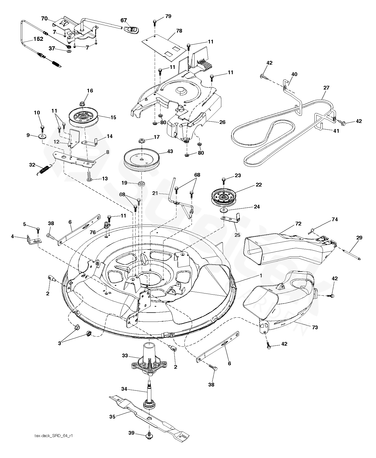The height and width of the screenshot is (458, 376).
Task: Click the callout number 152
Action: [38, 39]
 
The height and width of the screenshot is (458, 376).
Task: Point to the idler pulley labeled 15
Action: [84, 117]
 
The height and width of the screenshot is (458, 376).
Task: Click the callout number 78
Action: [179, 31]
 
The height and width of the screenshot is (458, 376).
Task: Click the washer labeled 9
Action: [42, 136]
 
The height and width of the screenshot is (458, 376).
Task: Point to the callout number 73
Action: [314, 327]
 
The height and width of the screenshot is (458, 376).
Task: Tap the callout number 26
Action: [222, 122]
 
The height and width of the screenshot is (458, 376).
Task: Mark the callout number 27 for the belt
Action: [326, 88]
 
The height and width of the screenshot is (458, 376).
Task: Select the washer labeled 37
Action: [69, 51]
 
